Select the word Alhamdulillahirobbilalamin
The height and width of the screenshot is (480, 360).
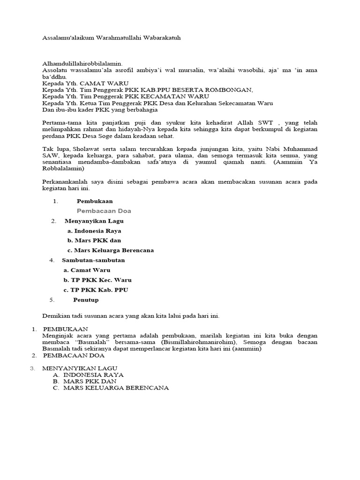[x=82, y=63]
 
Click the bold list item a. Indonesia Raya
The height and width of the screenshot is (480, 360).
[x=94, y=231]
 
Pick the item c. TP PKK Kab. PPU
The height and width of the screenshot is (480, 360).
[x=96, y=290]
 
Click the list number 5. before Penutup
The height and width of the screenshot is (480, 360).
[x=52, y=300]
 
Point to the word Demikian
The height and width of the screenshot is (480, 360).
[x=56, y=316]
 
